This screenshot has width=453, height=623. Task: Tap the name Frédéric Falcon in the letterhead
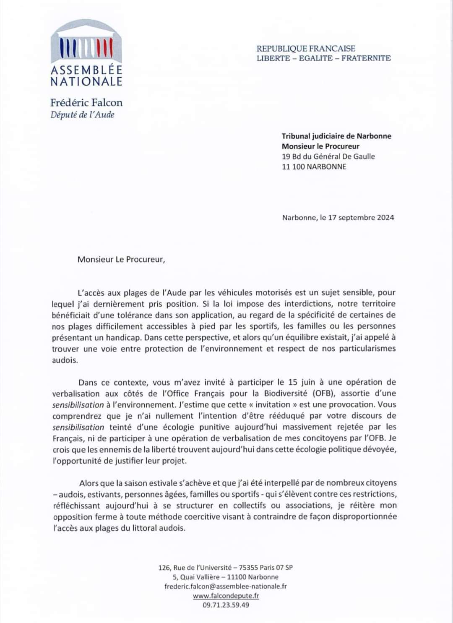86,102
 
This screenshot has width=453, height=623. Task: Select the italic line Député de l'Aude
82,115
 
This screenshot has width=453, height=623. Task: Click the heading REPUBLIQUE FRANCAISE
306,49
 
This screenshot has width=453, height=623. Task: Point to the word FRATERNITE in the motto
366,58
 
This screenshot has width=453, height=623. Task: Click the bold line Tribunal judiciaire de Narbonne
336,136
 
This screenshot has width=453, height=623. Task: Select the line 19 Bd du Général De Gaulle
328,156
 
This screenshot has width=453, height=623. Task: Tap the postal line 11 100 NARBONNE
314,167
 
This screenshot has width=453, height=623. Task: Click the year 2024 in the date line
385,217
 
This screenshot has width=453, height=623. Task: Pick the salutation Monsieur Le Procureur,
121,259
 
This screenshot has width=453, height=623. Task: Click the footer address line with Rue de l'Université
226,568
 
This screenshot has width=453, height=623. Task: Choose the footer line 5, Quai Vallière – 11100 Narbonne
226,577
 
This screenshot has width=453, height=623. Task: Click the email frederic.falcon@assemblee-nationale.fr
226,586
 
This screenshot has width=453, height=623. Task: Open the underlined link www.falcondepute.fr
226,596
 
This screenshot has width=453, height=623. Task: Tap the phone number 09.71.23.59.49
226,605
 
